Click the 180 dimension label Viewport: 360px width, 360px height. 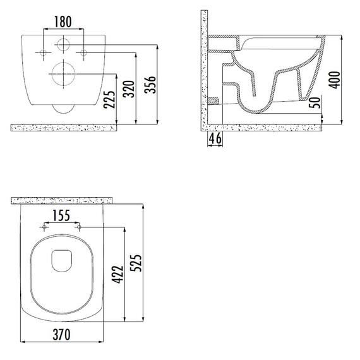63,22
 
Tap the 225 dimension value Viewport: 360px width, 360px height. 109,100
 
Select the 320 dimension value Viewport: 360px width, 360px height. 128,89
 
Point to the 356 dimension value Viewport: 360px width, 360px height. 150,85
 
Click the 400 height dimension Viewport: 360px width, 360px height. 334,80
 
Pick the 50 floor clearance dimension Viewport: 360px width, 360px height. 315,102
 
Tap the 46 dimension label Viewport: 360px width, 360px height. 215,138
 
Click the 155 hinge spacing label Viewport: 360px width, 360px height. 61,215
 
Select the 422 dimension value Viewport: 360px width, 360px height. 117,275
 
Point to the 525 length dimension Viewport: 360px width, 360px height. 136,263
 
